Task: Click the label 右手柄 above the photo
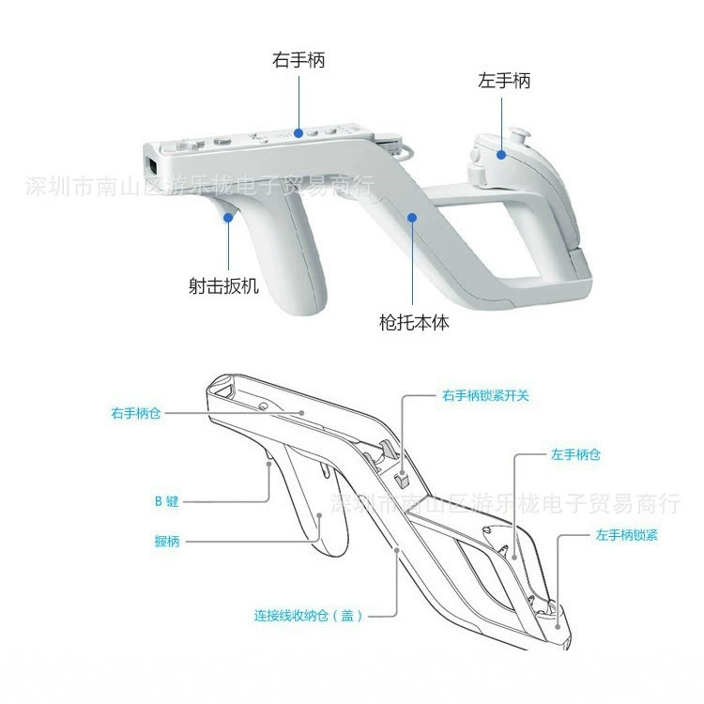click(x=298, y=60)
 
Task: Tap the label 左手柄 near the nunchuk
click(x=504, y=81)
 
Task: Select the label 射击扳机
click(x=223, y=285)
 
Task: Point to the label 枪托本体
click(x=414, y=322)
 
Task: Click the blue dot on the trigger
click(x=228, y=218)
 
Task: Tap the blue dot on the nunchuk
click(x=501, y=155)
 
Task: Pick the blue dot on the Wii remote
click(x=298, y=133)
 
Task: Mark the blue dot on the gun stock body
click(x=412, y=218)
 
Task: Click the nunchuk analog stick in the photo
click(x=518, y=133)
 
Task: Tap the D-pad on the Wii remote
click(x=186, y=145)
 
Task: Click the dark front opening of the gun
click(x=152, y=165)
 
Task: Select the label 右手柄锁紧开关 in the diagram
click(x=485, y=395)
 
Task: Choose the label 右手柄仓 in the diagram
click(x=135, y=413)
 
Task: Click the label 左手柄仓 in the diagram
click(x=575, y=455)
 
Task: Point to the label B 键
click(x=166, y=501)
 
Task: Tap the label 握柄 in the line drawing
click(x=167, y=542)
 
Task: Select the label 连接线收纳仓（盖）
click(x=308, y=615)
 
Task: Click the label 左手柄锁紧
click(x=626, y=535)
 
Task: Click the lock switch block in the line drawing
click(x=402, y=479)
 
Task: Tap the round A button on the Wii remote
click(x=222, y=142)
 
